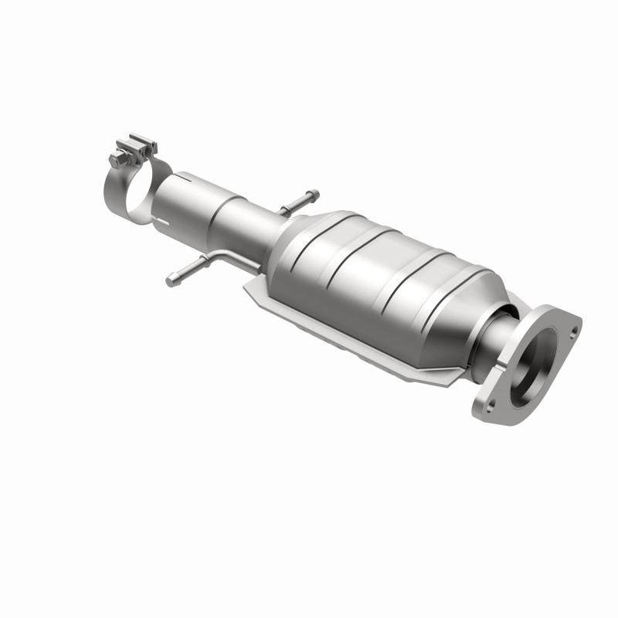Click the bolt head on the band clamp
117,159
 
